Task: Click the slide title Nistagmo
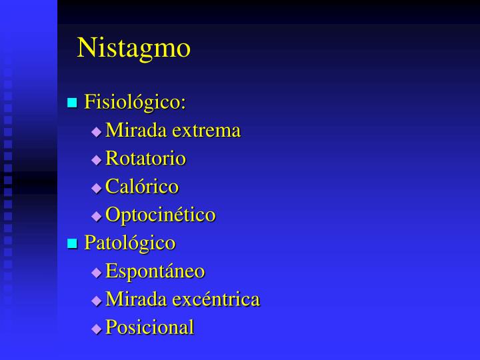point(133,48)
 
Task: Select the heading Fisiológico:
point(135,103)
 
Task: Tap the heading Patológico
point(129,243)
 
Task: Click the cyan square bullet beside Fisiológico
point(73,103)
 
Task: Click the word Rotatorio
point(145,159)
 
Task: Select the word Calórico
point(142,187)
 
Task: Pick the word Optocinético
point(160,215)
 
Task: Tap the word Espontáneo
point(155,271)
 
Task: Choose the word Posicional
point(149,327)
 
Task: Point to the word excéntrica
point(216,299)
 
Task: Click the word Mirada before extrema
point(137,131)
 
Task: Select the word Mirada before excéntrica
point(137,299)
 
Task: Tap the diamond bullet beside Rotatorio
point(97,160)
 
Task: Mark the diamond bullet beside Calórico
point(97,188)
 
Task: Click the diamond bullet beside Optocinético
point(97,216)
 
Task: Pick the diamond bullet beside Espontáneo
point(97,273)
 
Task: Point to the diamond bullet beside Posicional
point(97,329)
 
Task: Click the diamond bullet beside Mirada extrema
point(97,132)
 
